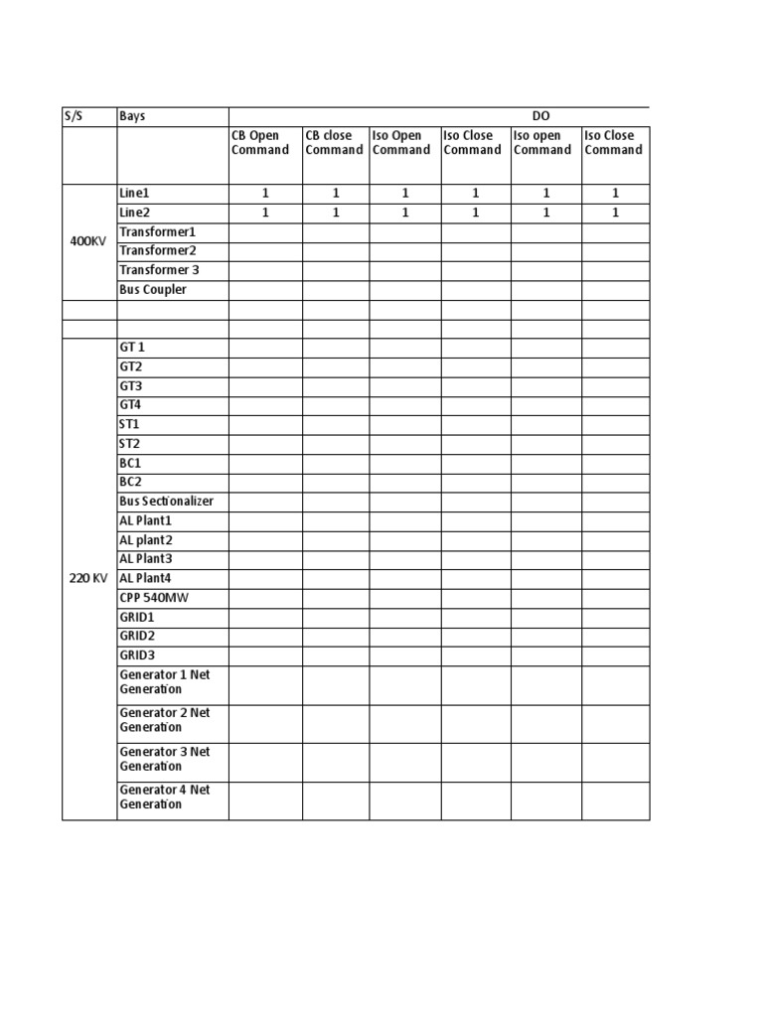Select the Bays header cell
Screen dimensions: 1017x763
coord(132,116)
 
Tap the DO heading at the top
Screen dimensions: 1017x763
coord(541,116)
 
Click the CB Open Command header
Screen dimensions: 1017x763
coord(259,143)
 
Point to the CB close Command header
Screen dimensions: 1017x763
coord(334,143)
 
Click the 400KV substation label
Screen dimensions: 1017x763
coord(88,241)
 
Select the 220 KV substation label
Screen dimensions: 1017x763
coord(88,578)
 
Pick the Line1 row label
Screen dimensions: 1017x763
coord(134,194)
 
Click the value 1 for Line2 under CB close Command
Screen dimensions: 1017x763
coord(336,213)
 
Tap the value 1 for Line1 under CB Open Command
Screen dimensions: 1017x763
coord(265,194)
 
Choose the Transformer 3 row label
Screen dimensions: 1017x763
coord(159,270)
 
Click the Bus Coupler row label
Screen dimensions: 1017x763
coord(153,290)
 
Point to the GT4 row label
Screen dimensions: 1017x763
coord(131,405)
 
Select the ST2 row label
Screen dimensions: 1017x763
coord(130,444)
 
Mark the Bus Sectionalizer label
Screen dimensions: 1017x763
coord(166,502)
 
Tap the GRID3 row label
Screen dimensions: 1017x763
coord(137,655)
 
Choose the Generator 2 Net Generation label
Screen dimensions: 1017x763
coord(164,720)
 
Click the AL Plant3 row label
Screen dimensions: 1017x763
coord(145,559)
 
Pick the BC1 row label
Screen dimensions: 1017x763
coord(130,463)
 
